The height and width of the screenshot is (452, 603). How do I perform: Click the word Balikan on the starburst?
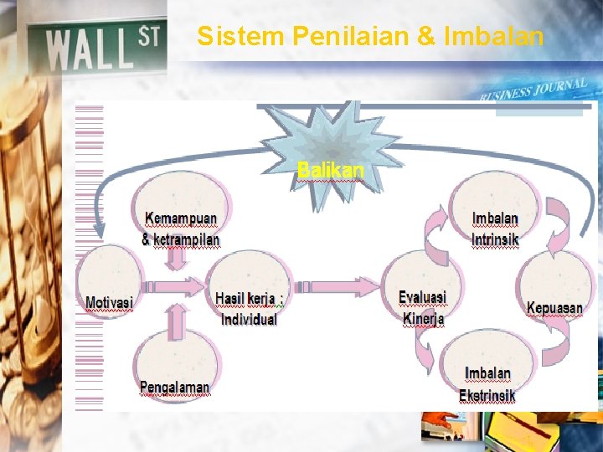(331, 170)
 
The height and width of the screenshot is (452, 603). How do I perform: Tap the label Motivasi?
(109, 301)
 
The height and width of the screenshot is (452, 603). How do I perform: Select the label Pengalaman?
(174, 387)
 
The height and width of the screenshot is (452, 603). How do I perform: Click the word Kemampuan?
(181, 218)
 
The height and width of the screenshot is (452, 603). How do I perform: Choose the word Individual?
(249, 319)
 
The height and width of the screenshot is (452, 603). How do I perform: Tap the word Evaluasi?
(422, 298)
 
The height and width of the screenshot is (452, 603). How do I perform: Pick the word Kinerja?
(423, 319)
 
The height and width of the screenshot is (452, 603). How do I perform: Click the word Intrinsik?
(495, 240)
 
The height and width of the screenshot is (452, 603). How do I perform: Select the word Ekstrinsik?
(487, 395)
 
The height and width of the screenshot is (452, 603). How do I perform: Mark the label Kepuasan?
(554, 308)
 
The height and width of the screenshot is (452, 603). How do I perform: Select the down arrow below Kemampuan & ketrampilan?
(175, 260)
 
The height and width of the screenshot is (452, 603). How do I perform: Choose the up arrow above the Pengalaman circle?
(174, 317)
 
